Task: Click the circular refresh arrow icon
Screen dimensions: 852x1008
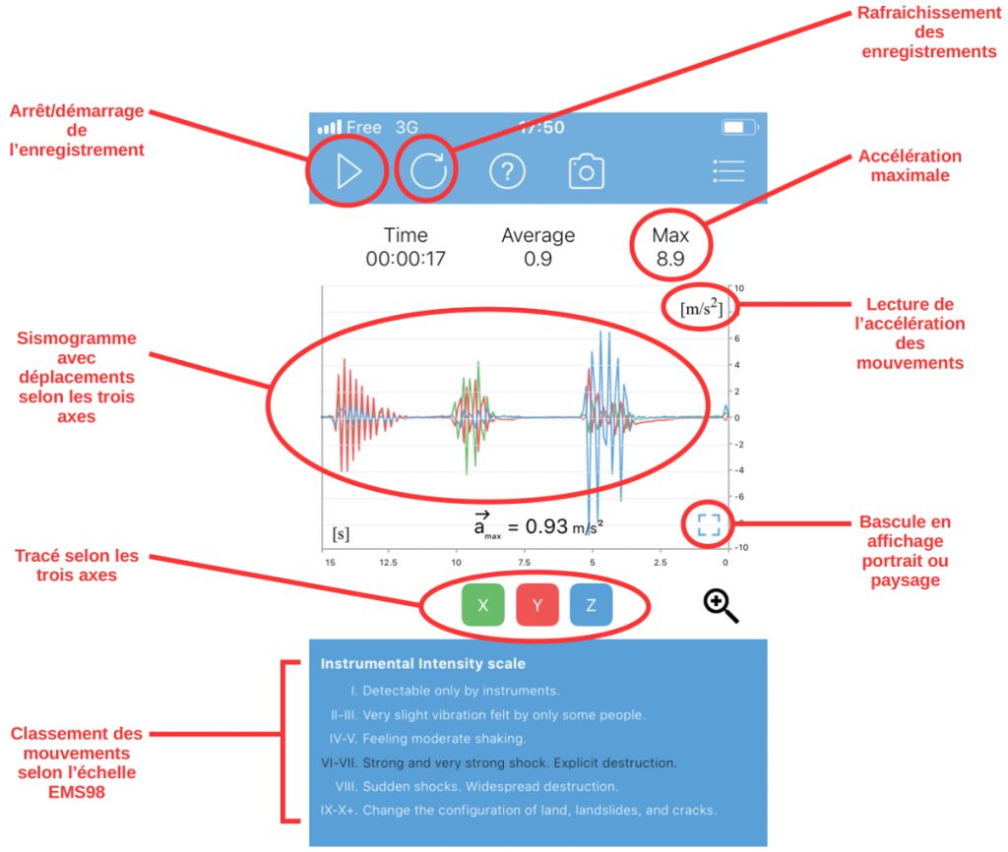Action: click(x=428, y=171)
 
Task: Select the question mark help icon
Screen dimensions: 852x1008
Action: click(x=508, y=172)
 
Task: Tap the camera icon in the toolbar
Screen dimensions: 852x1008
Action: click(x=586, y=172)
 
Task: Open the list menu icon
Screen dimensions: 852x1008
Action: click(x=728, y=171)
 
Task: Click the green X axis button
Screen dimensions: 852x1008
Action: click(x=482, y=605)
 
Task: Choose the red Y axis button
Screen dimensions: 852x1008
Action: click(x=537, y=605)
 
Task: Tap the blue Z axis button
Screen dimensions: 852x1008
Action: click(x=591, y=605)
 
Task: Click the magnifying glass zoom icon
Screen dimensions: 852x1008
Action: click(x=721, y=606)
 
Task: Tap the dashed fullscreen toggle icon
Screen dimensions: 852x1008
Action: click(x=709, y=524)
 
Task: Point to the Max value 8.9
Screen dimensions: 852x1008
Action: click(x=670, y=261)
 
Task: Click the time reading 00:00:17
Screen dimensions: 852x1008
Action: click(x=406, y=261)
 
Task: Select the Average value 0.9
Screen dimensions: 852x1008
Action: click(x=537, y=261)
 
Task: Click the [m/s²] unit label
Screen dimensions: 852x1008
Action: click(x=701, y=310)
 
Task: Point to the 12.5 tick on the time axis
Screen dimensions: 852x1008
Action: click(x=388, y=563)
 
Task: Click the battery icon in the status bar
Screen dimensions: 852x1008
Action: click(x=737, y=128)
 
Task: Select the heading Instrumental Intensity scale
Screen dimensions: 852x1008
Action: click(x=423, y=664)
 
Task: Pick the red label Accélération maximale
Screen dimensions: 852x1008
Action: click(x=910, y=166)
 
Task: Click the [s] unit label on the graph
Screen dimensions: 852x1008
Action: click(x=341, y=534)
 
